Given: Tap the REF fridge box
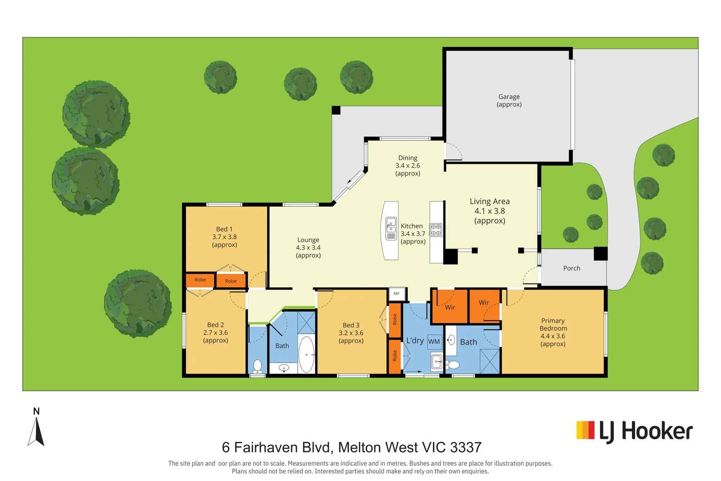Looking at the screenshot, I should [397, 293].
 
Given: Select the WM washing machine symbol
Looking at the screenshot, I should [434, 342].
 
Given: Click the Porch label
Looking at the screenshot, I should [571, 268].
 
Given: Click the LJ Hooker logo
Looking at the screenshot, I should [634, 431].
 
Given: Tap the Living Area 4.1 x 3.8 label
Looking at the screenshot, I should [490, 211].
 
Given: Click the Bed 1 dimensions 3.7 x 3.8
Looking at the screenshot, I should [224, 237].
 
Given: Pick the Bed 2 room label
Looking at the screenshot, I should [215, 325].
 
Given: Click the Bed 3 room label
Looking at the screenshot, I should [351, 325].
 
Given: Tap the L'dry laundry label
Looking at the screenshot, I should [415, 340].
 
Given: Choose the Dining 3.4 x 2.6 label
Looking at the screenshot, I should [408, 165].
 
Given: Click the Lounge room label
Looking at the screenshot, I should [308, 240].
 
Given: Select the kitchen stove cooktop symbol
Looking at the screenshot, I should [436, 230].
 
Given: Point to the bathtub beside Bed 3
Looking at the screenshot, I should [306, 355].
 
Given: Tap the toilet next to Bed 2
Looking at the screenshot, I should [257, 366].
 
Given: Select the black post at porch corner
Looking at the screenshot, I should [600, 253].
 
